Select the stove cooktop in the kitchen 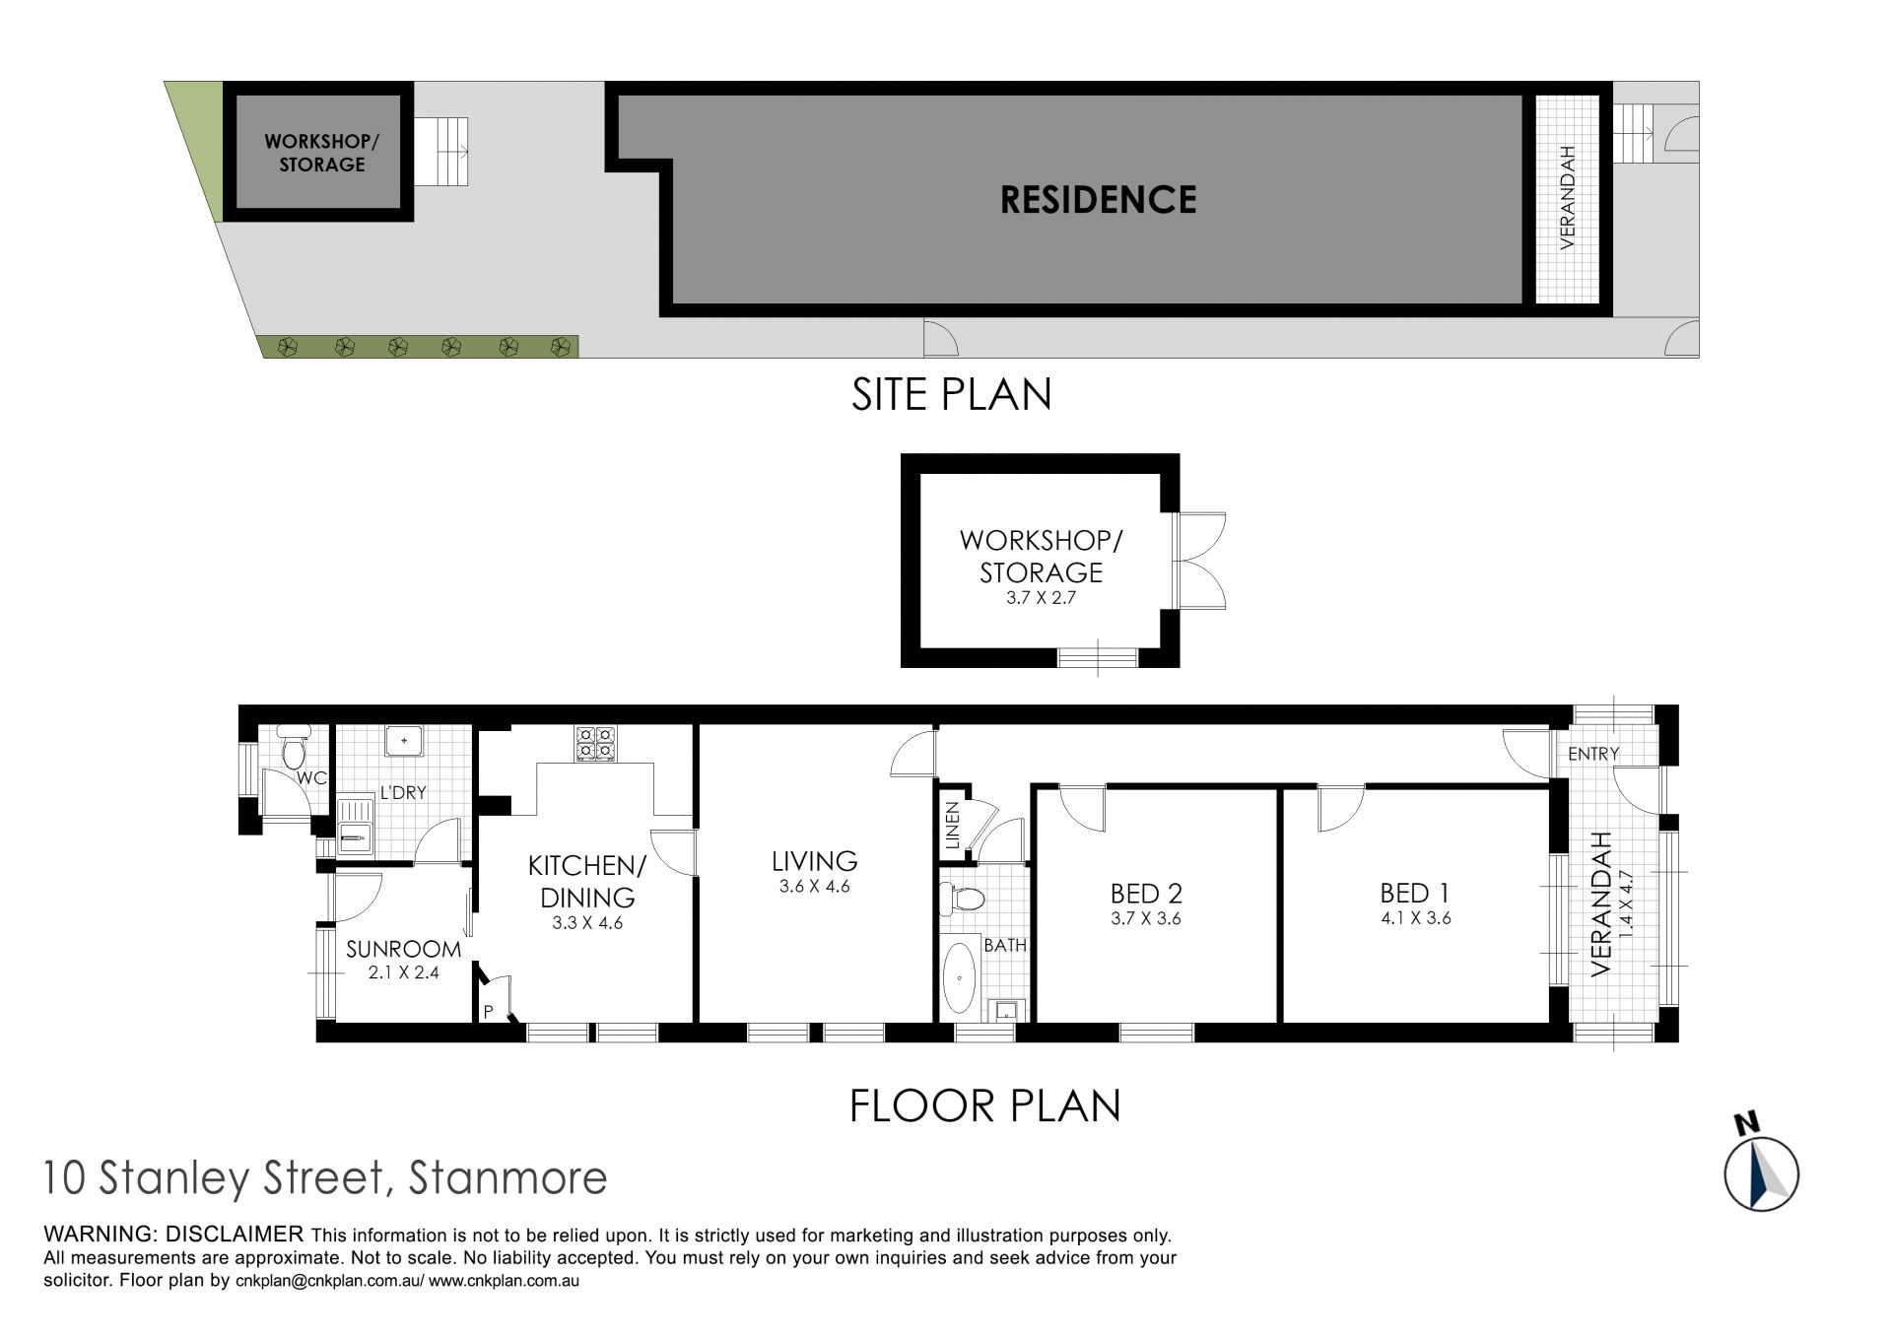595,743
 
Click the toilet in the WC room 293,748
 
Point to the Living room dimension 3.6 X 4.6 814,886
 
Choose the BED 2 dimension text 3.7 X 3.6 1145,919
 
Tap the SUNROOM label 404,949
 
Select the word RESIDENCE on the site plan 1098,200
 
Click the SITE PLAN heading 952,394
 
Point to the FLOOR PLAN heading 985,1105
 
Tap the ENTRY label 1593,754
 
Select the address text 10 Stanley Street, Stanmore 325,1177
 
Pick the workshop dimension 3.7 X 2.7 1041,598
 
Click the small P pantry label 488,1011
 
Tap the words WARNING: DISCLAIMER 173,1234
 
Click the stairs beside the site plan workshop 440,152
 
